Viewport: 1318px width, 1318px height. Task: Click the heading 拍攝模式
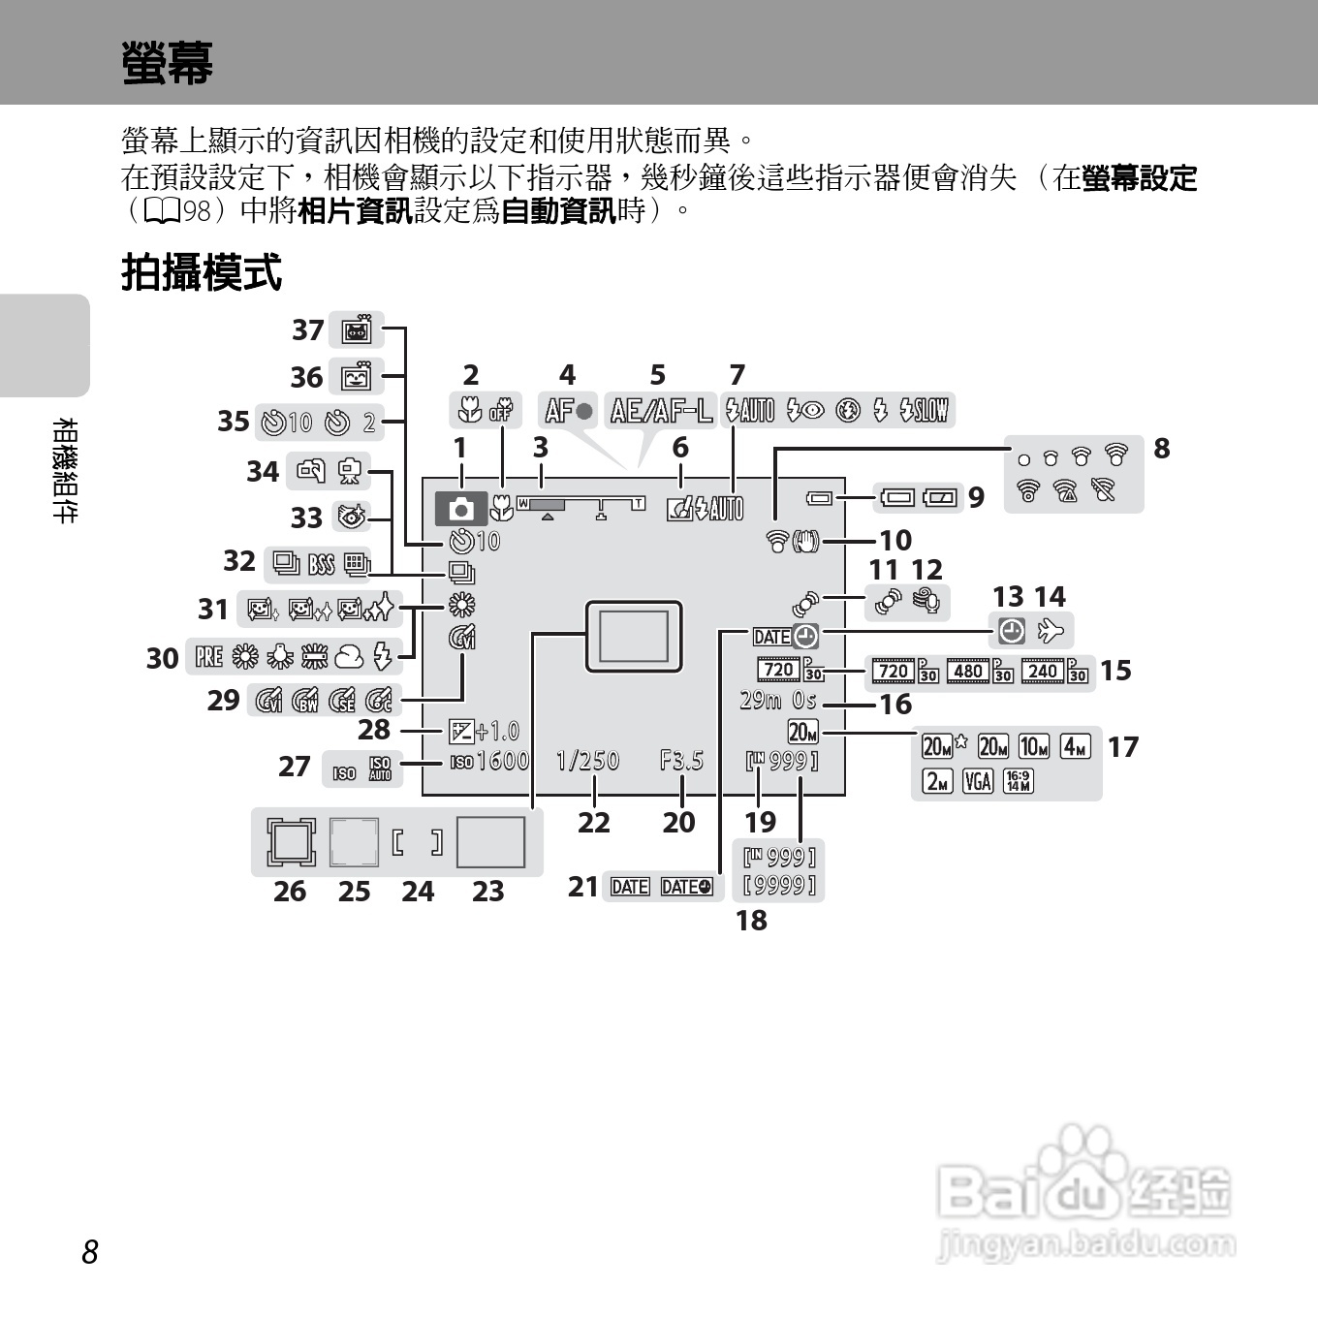(202, 272)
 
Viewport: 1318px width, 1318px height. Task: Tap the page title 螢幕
(167, 62)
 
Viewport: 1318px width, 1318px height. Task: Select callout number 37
(308, 330)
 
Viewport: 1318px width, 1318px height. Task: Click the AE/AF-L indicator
(661, 411)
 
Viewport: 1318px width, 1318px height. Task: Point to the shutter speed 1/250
(587, 761)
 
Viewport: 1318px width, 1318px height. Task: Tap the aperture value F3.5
(681, 761)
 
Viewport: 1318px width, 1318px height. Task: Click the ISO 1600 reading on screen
(490, 762)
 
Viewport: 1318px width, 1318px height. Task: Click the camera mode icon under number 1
(461, 507)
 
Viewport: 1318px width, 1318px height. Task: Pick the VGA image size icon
(978, 780)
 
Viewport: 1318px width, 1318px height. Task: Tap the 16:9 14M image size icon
(1018, 780)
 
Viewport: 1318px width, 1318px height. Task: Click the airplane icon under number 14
(1051, 632)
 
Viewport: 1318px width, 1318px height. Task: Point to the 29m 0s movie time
(777, 700)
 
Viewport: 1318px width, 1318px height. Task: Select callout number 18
(751, 920)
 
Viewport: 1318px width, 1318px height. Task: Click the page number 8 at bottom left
(90, 1252)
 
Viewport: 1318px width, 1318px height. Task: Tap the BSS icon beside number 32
(321, 563)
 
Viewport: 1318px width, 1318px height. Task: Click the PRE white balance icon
(208, 658)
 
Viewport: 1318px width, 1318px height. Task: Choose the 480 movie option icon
(967, 671)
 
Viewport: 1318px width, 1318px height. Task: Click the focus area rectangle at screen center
(634, 636)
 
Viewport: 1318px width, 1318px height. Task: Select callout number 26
(289, 891)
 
